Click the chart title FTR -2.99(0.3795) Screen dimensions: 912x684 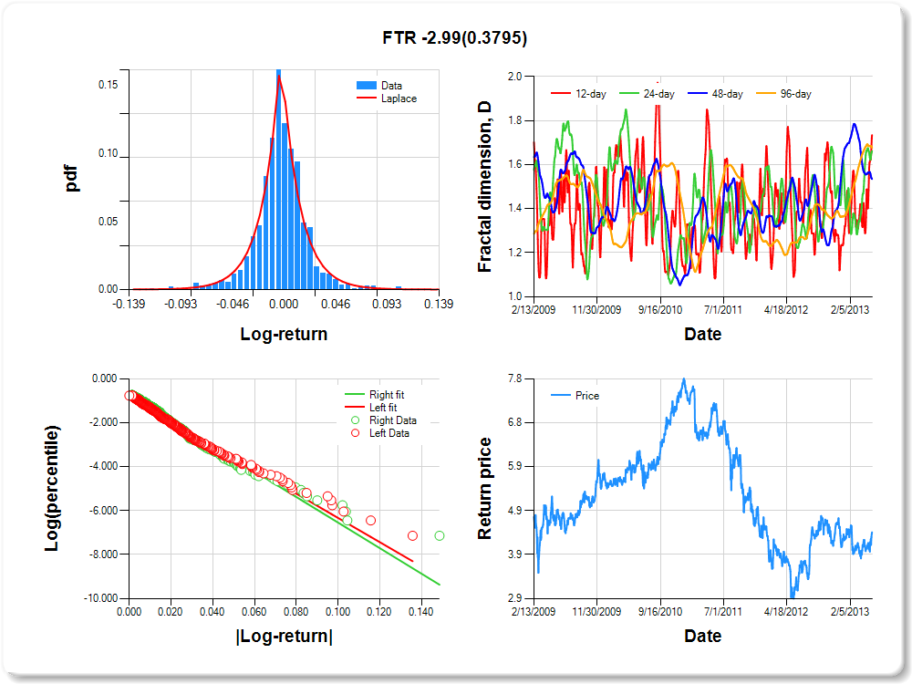(x=455, y=37)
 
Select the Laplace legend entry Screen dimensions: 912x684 (x=387, y=98)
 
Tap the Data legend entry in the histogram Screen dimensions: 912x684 (x=379, y=86)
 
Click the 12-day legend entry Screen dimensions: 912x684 (x=579, y=94)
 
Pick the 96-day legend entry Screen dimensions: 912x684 (x=783, y=94)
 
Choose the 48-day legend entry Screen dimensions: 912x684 (x=715, y=94)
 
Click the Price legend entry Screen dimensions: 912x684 (x=575, y=396)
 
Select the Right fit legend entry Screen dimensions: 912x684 (x=375, y=394)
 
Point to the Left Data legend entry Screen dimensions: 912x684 (x=380, y=432)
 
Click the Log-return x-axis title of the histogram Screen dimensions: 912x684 (x=284, y=334)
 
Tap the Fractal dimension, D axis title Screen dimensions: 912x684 (x=484, y=187)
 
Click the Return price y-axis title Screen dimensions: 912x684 (x=484, y=489)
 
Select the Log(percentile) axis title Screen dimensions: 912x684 (x=52, y=489)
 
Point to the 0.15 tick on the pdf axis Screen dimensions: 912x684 (x=109, y=85)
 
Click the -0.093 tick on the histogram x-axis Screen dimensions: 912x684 (x=181, y=304)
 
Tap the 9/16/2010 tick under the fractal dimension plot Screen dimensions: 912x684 (x=660, y=309)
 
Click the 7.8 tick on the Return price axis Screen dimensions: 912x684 (x=514, y=378)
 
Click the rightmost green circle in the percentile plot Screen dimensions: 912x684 (x=440, y=535)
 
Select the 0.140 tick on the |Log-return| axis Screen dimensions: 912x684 (x=420, y=612)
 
